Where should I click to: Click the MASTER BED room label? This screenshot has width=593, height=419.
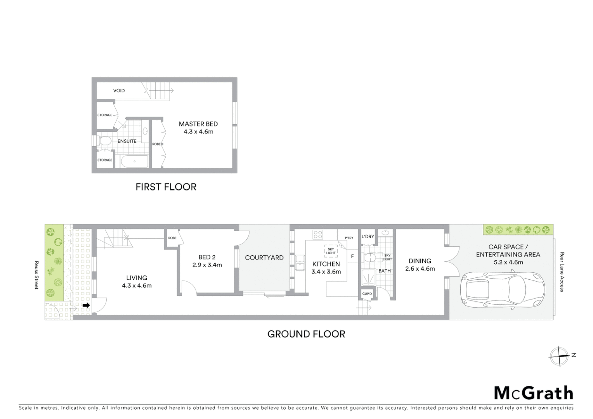[x=198, y=124]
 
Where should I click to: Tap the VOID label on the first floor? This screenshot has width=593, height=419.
[x=119, y=91]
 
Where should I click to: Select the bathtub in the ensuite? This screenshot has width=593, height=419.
[x=134, y=161]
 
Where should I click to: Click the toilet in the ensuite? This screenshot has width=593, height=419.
[x=104, y=142]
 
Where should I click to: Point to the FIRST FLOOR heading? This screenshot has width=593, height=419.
[x=166, y=187]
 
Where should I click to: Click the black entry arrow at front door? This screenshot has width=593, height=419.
[x=86, y=305]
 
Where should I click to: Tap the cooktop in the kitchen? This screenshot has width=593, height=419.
[x=318, y=234]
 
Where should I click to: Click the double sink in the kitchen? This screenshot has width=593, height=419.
[x=300, y=263]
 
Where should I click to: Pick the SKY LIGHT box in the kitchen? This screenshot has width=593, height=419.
[x=331, y=251]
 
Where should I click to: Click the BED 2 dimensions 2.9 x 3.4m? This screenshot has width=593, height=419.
[x=207, y=265]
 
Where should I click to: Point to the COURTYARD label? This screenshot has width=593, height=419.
[x=264, y=258]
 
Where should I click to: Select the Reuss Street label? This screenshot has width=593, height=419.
[x=36, y=275]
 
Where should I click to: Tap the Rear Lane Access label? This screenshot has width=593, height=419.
[x=562, y=272]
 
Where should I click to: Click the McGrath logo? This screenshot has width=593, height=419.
[x=533, y=393]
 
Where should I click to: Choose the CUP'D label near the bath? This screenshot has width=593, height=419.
[x=367, y=294]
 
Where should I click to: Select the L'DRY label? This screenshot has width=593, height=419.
[x=368, y=237]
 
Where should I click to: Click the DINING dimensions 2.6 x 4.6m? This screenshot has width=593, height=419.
[x=420, y=268]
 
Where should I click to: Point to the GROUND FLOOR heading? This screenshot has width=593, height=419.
[x=306, y=334]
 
